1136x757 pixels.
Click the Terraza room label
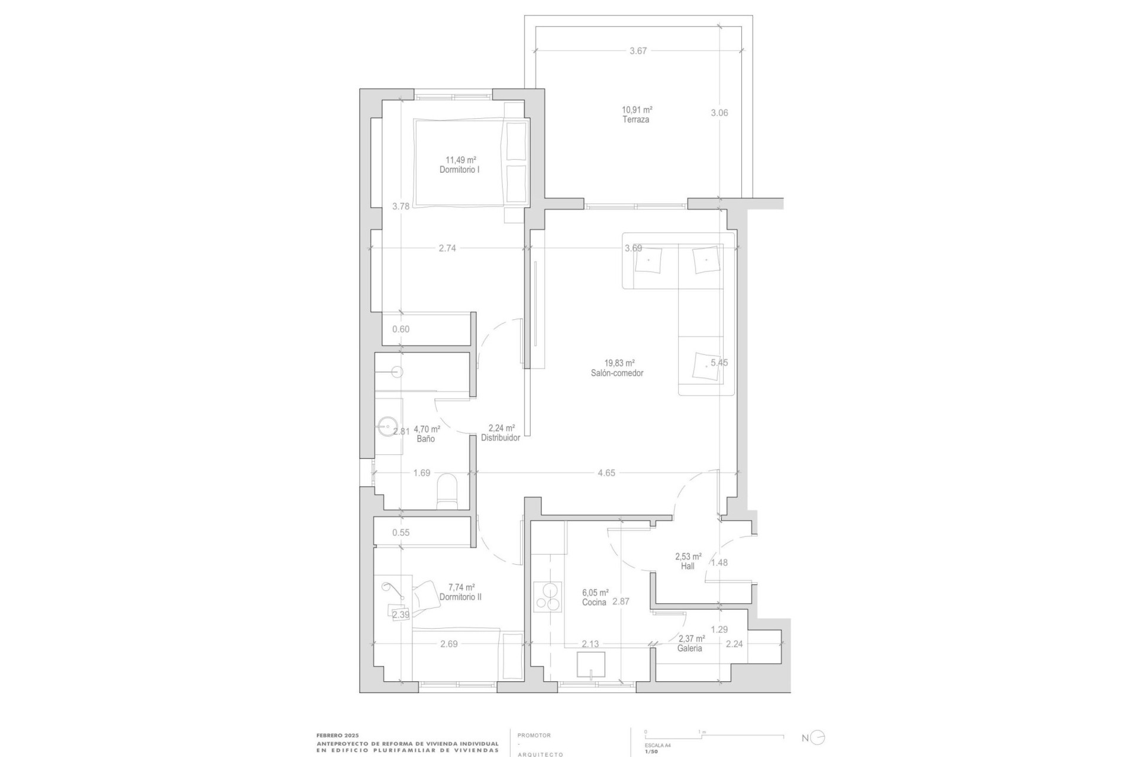point(635,119)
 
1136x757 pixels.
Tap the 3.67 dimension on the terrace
point(638,51)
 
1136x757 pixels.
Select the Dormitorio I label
point(459,170)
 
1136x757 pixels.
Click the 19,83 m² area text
point(619,363)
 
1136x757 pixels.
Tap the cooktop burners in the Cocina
point(548,597)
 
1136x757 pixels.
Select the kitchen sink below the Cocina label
point(591,665)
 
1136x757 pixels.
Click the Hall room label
point(688,566)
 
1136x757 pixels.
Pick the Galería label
point(689,648)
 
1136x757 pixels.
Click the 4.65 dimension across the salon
point(606,473)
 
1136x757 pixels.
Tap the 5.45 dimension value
point(719,363)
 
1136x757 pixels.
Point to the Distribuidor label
point(501,438)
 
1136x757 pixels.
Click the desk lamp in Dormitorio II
point(392,589)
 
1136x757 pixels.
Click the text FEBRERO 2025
point(337,735)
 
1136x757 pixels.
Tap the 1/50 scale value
point(651,751)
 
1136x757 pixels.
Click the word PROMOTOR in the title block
point(534,736)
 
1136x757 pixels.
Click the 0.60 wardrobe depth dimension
point(401,329)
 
